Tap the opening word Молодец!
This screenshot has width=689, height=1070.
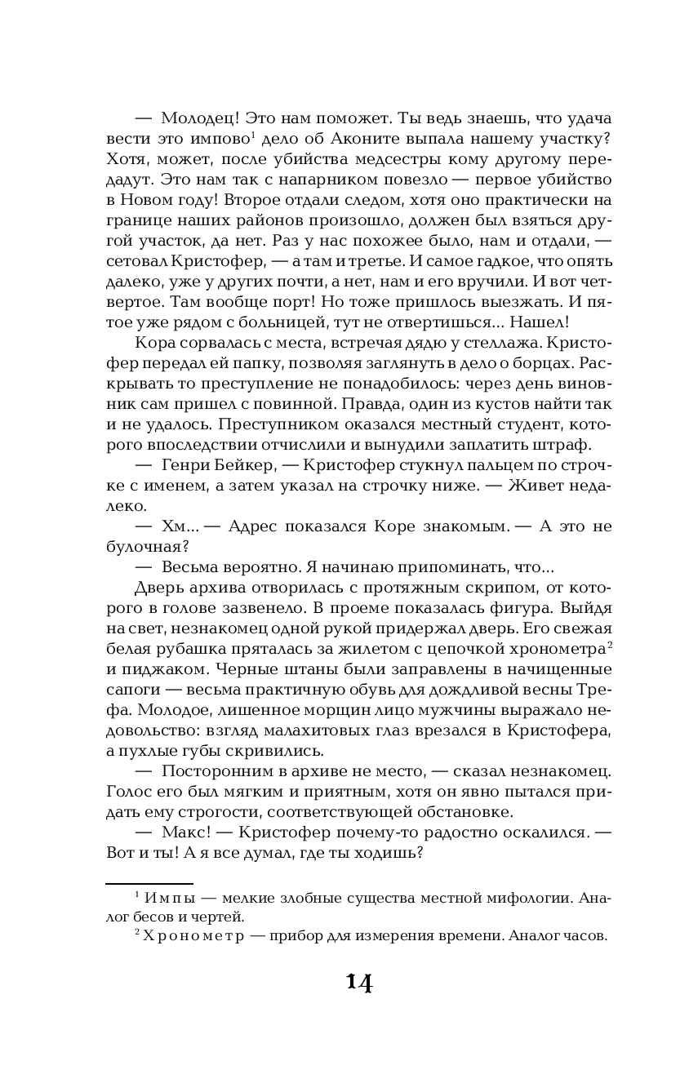pos(198,115)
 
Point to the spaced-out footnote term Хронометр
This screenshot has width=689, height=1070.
pos(185,937)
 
